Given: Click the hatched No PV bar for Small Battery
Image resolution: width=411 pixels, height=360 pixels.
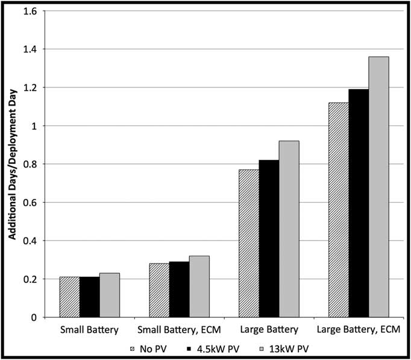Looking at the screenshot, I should click(69, 297).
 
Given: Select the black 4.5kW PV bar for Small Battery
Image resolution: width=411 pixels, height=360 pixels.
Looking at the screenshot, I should click(89, 297).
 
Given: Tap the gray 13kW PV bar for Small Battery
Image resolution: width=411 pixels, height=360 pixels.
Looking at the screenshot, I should click(109, 295).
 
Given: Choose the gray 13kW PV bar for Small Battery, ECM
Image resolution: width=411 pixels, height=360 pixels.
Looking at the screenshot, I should click(199, 287).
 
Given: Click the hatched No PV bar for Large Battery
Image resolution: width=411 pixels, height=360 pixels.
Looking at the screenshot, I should click(249, 244).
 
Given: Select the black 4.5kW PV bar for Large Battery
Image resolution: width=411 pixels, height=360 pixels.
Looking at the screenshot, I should click(269, 239).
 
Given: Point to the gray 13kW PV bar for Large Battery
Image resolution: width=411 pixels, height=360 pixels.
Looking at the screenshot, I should click(289, 229).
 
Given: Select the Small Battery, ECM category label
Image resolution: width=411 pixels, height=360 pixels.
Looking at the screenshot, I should click(179, 330).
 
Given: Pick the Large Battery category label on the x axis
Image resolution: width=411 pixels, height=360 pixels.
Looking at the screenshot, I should click(269, 330).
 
